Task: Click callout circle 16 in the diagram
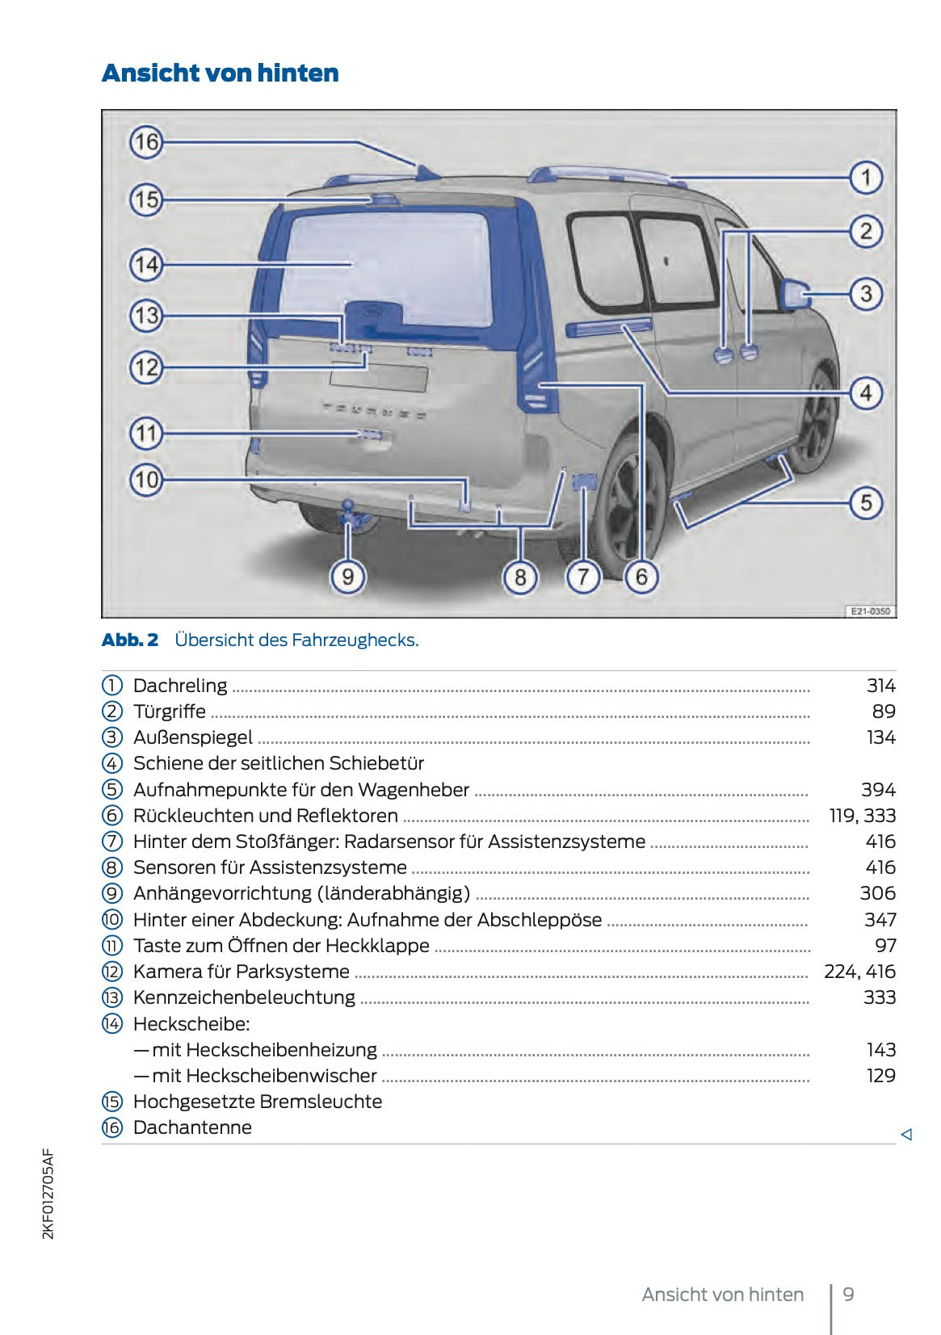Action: [x=146, y=143]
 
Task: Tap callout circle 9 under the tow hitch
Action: [x=347, y=577]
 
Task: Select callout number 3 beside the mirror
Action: [x=866, y=293]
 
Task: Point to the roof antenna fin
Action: [x=426, y=171]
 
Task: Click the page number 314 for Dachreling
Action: [x=880, y=686]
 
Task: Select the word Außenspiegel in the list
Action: [x=193, y=737]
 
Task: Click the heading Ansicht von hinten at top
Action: [x=221, y=73]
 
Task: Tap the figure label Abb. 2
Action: [x=130, y=640]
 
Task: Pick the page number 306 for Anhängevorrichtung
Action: [x=877, y=893]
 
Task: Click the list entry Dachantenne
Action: [x=192, y=1127]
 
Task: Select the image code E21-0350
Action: [x=870, y=611]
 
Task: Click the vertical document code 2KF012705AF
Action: [x=48, y=1194]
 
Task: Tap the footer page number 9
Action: [x=848, y=1295]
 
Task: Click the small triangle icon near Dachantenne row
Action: [x=906, y=1134]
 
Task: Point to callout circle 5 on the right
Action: [x=866, y=502]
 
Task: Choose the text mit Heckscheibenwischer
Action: [x=264, y=1076]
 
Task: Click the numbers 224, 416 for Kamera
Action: [x=859, y=972]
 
